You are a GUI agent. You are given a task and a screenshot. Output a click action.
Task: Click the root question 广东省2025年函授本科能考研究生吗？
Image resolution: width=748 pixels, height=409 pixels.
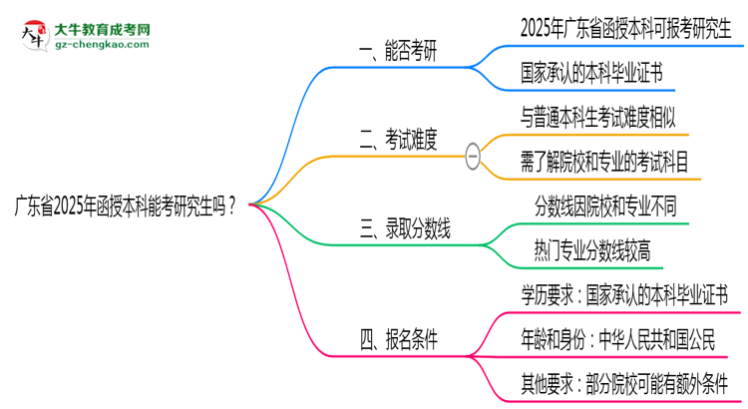(x=125, y=205)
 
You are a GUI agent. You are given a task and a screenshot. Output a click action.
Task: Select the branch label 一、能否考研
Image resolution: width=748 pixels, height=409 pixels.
(x=397, y=52)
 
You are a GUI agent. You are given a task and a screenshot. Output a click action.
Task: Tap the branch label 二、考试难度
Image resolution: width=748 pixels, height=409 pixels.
(x=397, y=141)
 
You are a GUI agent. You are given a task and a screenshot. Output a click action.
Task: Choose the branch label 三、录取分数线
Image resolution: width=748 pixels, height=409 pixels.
(x=404, y=232)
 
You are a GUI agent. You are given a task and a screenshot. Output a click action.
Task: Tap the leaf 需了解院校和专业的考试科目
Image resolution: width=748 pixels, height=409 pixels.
(x=610, y=163)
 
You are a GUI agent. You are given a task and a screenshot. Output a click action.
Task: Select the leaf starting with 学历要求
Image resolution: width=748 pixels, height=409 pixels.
(x=624, y=295)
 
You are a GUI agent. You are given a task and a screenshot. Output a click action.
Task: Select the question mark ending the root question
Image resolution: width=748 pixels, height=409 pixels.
(x=232, y=205)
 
